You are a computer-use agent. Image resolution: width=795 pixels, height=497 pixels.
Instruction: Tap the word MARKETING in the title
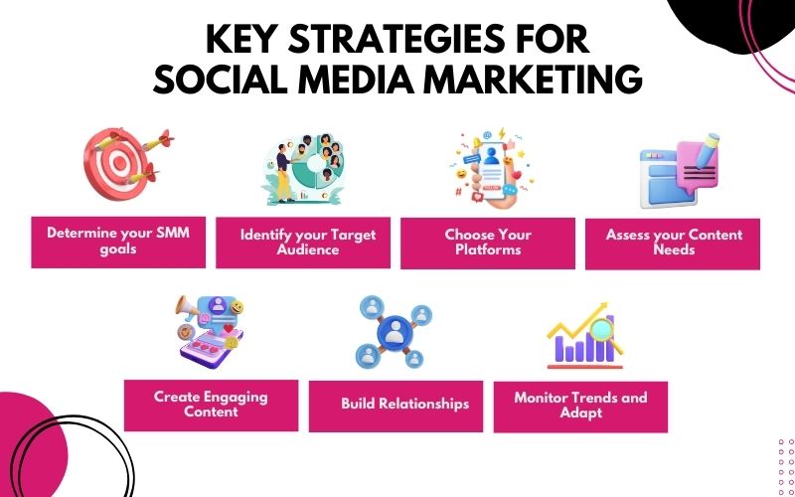520,80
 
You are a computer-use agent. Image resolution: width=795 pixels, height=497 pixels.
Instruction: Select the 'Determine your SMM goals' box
118,242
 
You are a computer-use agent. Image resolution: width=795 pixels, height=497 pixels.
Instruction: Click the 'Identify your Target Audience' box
303,243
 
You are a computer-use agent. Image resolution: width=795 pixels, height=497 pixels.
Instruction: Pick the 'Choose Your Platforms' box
488,243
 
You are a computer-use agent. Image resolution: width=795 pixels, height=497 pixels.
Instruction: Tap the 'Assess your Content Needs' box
673,243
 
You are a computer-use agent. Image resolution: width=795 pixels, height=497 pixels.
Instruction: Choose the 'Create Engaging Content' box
211,404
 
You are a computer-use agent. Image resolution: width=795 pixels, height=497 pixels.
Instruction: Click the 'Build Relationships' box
396,405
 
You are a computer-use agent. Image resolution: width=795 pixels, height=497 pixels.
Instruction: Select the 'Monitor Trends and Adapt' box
580,406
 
